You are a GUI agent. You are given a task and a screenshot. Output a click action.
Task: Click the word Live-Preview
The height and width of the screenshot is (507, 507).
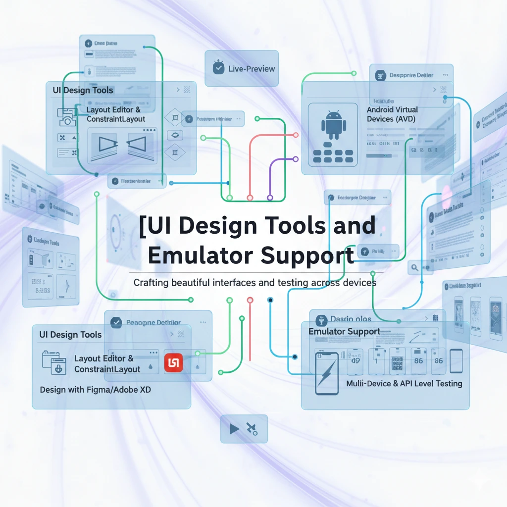pos(252,69)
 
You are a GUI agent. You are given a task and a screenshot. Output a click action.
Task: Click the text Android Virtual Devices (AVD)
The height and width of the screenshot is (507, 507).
pos(392,114)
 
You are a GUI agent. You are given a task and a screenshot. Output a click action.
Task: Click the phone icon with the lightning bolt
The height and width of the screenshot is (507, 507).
pos(326,373)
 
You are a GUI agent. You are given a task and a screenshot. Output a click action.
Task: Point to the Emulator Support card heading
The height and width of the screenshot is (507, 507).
pos(344,331)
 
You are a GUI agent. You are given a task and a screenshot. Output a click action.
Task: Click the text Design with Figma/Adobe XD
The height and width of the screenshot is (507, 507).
pos(95,390)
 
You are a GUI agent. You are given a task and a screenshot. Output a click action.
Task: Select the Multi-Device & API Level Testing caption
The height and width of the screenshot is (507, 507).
pos(404,383)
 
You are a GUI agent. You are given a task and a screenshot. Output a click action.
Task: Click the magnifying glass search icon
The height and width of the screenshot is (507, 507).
pos(414,268)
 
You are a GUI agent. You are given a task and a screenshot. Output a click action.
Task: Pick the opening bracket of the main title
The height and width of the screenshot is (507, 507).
pos(143,227)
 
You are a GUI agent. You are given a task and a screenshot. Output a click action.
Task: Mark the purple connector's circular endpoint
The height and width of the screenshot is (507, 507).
pos(296,159)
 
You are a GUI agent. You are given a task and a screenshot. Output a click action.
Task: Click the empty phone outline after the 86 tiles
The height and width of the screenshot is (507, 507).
pos(456,361)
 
